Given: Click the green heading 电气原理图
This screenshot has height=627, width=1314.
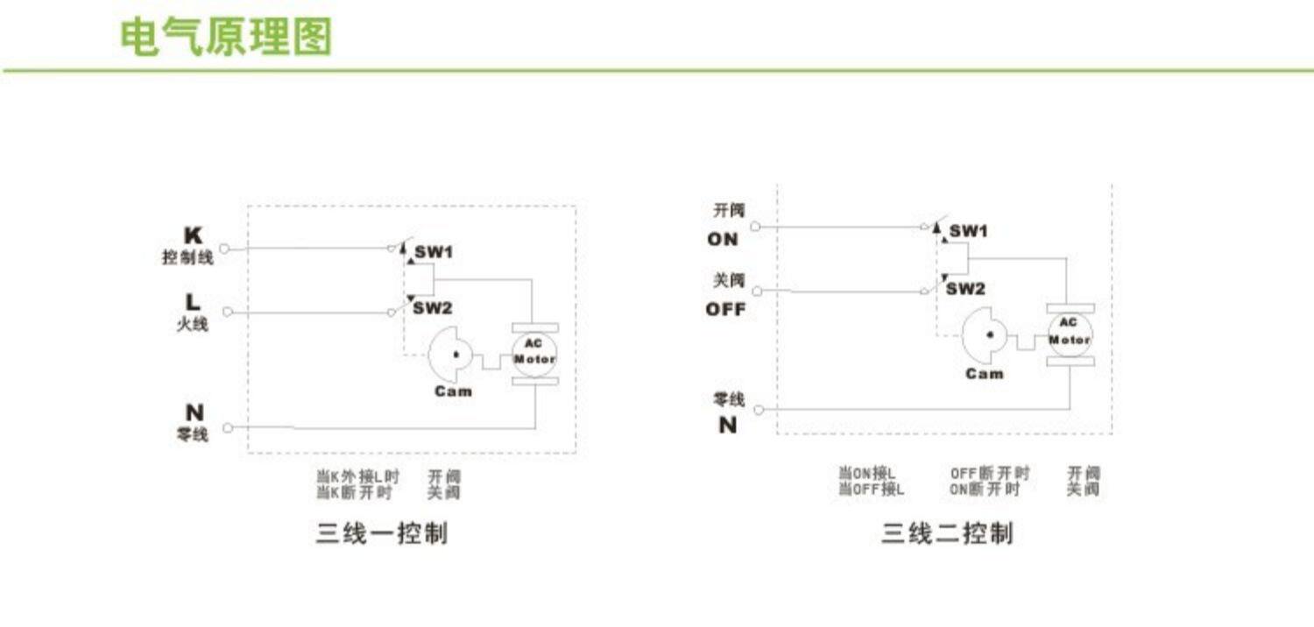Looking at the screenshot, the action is pos(226,38).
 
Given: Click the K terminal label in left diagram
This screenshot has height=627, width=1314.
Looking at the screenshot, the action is pos(193,236).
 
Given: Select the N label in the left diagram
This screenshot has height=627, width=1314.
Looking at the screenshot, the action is pos(194,412).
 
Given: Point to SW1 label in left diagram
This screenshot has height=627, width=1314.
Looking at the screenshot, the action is pos(434,252).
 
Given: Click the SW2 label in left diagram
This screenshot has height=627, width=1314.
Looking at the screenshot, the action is pos(433,307).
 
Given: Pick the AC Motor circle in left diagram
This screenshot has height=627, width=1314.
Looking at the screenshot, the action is pos(533,353).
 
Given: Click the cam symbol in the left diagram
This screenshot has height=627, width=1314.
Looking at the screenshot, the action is pos(450,354).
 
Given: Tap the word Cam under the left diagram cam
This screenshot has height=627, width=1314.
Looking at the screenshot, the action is pos(453,391).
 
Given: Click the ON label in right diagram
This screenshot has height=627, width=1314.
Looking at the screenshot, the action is pos(723,239).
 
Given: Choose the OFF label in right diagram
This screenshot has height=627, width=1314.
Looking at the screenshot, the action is pos(725,309).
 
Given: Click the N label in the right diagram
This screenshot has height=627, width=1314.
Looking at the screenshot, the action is pos(727,425).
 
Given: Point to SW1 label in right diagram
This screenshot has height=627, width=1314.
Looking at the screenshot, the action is pos(969,231).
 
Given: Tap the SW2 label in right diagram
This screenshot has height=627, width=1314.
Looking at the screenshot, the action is pos(965,289).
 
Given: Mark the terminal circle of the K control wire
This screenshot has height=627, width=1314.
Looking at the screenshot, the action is pos(223,249).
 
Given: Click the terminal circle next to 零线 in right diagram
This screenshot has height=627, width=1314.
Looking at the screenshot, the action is pos(759,409).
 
